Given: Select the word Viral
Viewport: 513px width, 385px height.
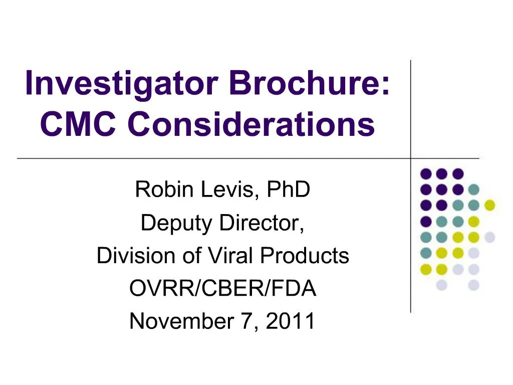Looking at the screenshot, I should pyautogui.click(x=227, y=256).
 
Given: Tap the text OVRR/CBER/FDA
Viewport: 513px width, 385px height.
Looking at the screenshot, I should pyautogui.click(x=223, y=288).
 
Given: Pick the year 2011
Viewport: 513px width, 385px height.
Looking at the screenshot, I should pyautogui.click(x=291, y=321).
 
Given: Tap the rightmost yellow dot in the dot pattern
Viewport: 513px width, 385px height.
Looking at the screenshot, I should pyautogui.click(x=490, y=205).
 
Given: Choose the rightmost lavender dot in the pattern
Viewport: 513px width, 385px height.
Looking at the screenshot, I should pyautogui.click(x=490, y=237).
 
